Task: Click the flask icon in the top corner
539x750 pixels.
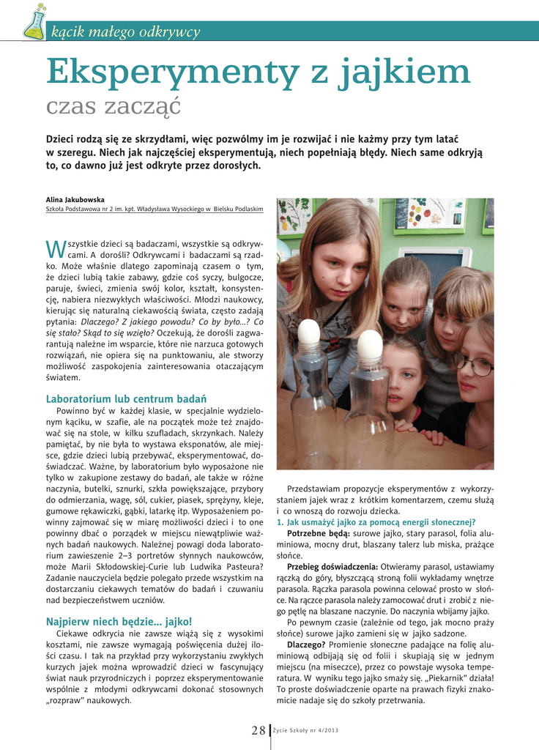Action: [x=34, y=22]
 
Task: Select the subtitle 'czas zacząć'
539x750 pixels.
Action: [x=113, y=107]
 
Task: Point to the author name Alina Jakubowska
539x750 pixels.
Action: [x=75, y=199]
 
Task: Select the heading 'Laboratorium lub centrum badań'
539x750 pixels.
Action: [x=126, y=399]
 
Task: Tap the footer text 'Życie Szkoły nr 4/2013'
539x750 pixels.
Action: [x=305, y=731]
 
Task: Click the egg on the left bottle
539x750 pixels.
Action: [x=309, y=333]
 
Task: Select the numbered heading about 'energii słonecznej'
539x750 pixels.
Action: [x=376, y=522]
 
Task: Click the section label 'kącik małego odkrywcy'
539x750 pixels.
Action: [x=125, y=31]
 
